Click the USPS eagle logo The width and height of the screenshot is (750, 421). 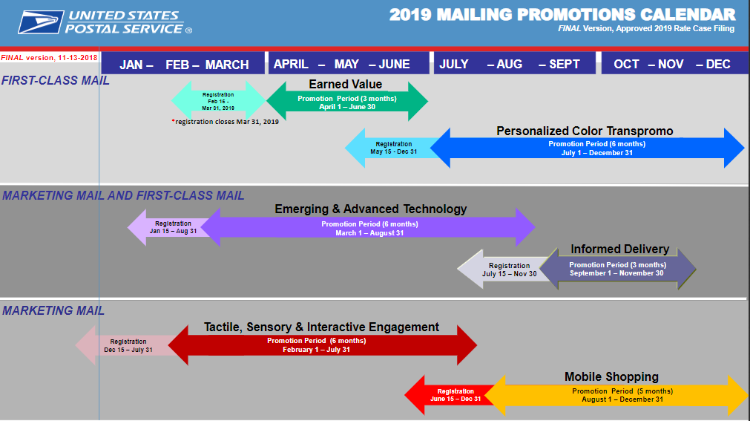(x=41, y=22)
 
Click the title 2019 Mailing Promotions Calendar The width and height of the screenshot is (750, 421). (x=562, y=14)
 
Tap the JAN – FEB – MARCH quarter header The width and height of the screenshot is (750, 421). (x=184, y=64)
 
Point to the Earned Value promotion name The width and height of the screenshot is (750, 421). (x=346, y=85)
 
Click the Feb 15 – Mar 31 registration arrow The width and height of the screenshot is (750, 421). (x=218, y=101)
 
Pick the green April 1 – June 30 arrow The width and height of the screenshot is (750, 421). (x=347, y=101)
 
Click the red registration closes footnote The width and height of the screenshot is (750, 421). (x=226, y=122)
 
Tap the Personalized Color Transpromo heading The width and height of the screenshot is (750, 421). (x=585, y=131)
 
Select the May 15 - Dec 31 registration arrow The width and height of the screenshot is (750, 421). (x=392, y=148)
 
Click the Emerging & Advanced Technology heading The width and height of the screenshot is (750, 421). (x=371, y=209)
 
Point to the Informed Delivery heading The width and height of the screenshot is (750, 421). (x=620, y=249)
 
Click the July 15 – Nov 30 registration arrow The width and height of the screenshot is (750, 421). (x=504, y=270)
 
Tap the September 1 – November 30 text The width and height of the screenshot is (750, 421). (x=616, y=273)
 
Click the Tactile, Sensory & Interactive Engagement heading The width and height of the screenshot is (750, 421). (x=321, y=327)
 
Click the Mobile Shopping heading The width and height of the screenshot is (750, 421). (x=611, y=377)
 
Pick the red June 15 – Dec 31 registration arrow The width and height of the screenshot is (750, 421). (x=452, y=395)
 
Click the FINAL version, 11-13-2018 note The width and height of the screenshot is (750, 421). (x=49, y=58)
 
